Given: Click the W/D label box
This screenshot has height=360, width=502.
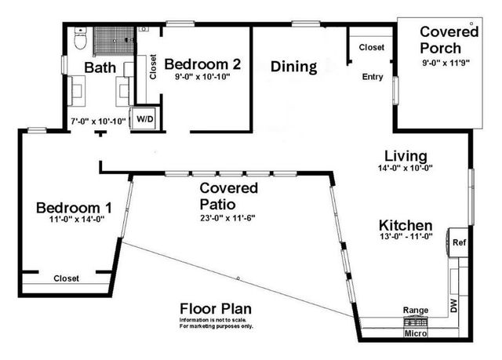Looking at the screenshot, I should click(x=145, y=118).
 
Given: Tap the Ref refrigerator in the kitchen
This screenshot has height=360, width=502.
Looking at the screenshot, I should click(x=459, y=242).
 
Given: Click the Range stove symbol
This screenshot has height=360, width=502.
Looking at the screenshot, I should click(x=416, y=321).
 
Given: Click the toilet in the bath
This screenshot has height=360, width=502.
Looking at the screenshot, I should click(x=79, y=38).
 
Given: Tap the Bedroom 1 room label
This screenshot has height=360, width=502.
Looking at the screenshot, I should click(x=75, y=208).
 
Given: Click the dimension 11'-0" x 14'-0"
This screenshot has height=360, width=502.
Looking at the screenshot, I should click(x=76, y=220).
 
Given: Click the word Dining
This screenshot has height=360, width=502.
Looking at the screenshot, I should click(x=293, y=67).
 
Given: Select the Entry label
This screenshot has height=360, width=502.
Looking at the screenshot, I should click(x=372, y=77).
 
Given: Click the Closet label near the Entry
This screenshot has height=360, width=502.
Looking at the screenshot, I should click(x=372, y=47).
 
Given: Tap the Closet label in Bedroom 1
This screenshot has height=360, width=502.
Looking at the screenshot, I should click(x=66, y=278).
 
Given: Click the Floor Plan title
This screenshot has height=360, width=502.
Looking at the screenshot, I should click(x=216, y=308).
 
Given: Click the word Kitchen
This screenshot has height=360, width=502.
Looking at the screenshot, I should click(x=406, y=226).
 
